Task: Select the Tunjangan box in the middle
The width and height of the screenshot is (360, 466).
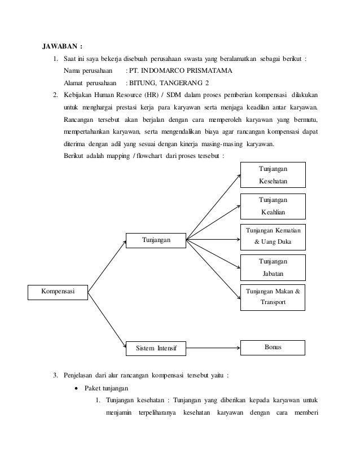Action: (155, 240)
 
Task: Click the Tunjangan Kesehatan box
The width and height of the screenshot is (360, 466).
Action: (273, 175)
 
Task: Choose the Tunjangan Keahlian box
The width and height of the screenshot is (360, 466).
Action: (273, 206)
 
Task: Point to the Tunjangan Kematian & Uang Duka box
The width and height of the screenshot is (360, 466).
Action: (273, 236)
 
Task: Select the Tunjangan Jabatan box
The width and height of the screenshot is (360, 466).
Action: (273, 267)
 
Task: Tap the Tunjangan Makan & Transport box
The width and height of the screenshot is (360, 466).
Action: (273, 297)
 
